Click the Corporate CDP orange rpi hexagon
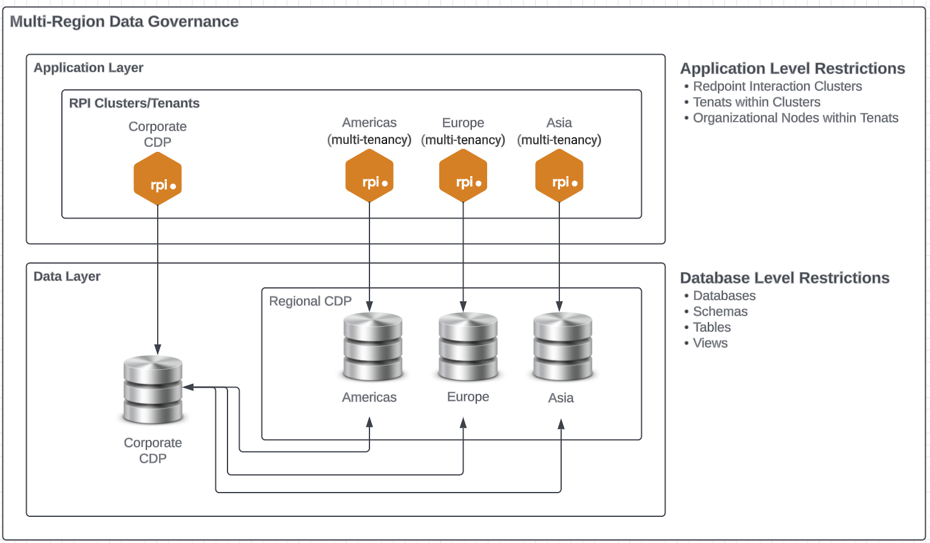(x=158, y=179)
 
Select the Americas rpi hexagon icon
(x=369, y=176)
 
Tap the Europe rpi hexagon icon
(x=463, y=176)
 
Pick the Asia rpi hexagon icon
(x=559, y=176)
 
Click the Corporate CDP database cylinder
(x=153, y=389)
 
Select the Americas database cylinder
(x=372, y=346)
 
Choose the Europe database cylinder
(x=468, y=346)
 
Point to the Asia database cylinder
(x=562, y=346)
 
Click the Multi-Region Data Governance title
(x=124, y=22)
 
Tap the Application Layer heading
(x=89, y=68)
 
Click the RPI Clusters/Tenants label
(x=134, y=103)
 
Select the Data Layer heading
(x=67, y=276)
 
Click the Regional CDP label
(x=310, y=301)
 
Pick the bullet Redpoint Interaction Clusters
(x=777, y=86)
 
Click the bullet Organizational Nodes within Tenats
(x=795, y=118)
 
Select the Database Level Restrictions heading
(x=784, y=278)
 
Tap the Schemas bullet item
(x=720, y=312)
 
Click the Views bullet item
(x=710, y=343)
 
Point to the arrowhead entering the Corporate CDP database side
(x=187, y=387)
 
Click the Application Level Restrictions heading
(x=792, y=69)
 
